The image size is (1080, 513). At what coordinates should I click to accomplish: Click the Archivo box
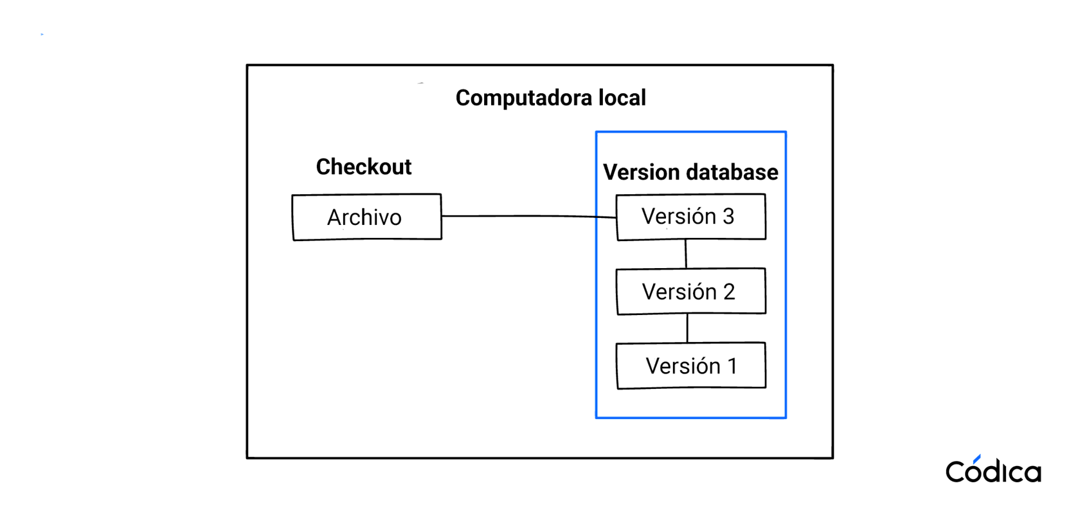(366, 217)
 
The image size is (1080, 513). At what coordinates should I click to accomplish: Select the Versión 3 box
(690, 217)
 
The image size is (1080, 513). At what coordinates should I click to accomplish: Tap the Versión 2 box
(690, 291)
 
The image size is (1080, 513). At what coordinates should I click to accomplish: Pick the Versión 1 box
(690, 366)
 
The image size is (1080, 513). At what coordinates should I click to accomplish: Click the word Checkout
(363, 167)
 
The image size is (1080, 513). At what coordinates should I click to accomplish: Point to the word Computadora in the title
(523, 98)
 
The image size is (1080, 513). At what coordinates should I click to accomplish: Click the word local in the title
(622, 98)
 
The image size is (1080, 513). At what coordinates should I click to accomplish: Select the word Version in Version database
(641, 172)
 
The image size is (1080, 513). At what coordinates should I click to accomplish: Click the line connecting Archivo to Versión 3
(527, 216)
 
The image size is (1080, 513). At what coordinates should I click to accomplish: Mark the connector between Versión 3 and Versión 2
(686, 254)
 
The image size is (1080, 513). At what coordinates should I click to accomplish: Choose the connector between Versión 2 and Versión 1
(687, 328)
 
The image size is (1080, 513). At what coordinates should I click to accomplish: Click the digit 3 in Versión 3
(728, 217)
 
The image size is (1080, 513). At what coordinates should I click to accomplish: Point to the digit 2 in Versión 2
(729, 292)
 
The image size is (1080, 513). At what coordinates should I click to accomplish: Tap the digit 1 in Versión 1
(732, 366)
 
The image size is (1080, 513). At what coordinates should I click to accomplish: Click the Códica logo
(993, 471)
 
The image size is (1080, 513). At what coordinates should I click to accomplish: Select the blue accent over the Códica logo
(977, 458)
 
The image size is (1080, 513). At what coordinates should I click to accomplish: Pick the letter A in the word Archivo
(336, 218)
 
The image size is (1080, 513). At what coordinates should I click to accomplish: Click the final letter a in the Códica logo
(1032, 473)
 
